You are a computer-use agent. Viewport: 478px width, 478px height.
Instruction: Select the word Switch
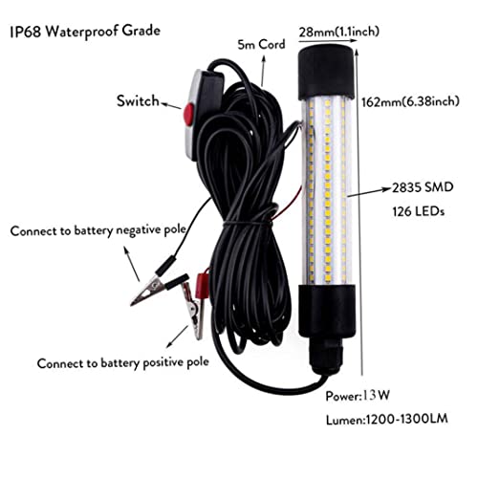(x=140, y=100)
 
